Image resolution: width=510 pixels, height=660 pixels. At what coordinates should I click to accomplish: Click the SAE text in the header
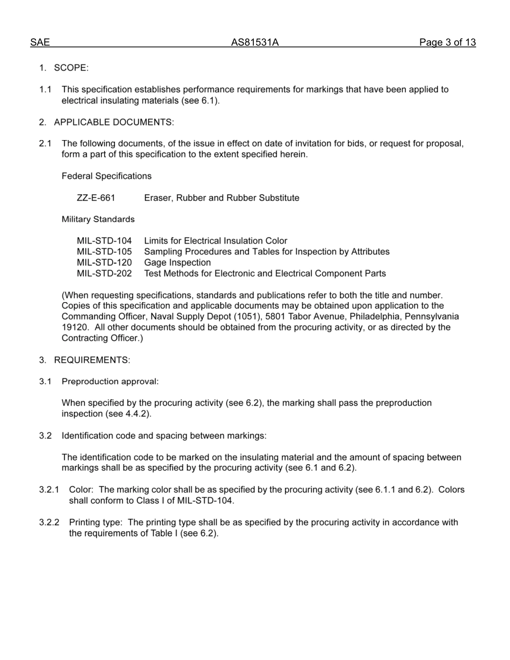tap(40, 42)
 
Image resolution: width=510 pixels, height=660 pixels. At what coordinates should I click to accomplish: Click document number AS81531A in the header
tap(254, 42)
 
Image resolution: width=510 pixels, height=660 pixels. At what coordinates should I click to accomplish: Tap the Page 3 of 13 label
tap(447, 42)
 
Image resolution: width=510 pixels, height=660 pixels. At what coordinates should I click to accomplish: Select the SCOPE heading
tap(71, 68)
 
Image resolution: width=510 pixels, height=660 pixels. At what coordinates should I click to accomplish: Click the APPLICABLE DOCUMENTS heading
tap(114, 122)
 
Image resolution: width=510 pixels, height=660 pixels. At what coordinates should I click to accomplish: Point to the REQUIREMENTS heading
tap(92, 360)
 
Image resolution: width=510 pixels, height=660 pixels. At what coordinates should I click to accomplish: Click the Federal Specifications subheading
tap(106, 176)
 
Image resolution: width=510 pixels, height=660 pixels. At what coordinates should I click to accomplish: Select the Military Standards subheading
tap(98, 219)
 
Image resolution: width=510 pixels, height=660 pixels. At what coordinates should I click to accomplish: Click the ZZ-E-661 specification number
tap(96, 197)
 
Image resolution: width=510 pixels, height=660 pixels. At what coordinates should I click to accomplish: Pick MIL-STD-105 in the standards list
tap(104, 252)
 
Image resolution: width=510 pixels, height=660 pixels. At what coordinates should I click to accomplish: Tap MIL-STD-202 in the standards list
tap(104, 273)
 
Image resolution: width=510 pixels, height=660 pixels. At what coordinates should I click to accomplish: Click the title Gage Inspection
tap(177, 262)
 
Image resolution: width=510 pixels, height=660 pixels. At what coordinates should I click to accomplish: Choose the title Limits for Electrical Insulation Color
tap(215, 241)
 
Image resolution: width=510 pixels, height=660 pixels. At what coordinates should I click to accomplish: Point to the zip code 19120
tap(75, 327)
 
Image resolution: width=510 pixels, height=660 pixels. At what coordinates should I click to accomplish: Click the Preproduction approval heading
tap(110, 381)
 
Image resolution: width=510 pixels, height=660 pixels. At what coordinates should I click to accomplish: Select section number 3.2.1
tap(49, 489)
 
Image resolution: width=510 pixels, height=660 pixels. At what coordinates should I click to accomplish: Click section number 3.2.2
tap(49, 522)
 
